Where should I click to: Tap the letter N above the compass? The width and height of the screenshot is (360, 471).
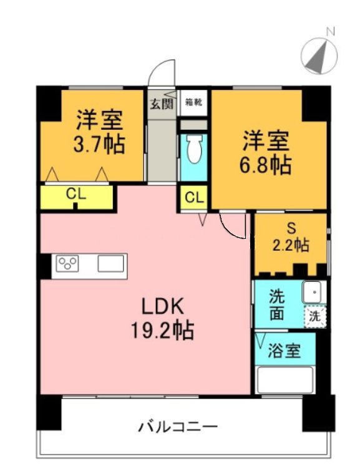click(x=331, y=30)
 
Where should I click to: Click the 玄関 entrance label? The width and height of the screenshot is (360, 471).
click(x=160, y=103)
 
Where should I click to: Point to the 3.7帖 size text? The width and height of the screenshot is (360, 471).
click(x=99, y=144)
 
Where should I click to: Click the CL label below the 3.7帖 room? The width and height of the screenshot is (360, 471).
click(x=76, y=194)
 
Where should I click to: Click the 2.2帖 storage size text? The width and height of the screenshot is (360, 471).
click(x=289, y=245)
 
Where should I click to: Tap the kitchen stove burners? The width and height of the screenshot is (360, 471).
click(x=68, y=264)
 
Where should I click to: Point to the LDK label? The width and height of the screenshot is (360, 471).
click(x=160, y=306)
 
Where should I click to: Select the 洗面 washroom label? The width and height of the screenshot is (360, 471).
click(x=277, y=304)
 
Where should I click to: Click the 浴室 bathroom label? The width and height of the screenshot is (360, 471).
click(x=285, y=351)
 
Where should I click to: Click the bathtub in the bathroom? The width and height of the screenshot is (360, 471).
click(x=285, y=379)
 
